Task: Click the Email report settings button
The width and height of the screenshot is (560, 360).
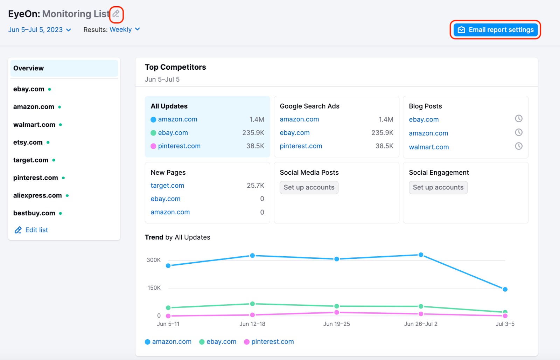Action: [495, 30]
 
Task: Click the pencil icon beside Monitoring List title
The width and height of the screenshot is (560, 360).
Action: [116, 14]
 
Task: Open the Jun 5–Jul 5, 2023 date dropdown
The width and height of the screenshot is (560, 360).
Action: [40, 30]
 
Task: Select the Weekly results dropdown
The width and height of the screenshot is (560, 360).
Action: [125, 29]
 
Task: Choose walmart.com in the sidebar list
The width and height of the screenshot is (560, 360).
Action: [34, 125]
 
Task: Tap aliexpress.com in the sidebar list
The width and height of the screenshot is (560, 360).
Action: [37, 195]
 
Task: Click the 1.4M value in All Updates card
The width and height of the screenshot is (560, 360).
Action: [257, 119]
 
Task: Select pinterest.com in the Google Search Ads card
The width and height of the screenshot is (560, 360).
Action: [301, 146]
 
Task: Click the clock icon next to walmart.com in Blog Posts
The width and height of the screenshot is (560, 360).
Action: [518, 146]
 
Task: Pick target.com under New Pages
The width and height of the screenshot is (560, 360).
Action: [167, 186]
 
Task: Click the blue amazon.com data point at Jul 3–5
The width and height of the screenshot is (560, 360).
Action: [505, 289]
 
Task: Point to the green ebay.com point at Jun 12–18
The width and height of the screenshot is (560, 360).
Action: [252, 304]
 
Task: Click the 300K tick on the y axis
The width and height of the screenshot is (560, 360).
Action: [153, 260]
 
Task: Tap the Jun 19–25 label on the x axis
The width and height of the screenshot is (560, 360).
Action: [336, 324]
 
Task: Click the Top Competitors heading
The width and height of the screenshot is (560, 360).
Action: [175, 67]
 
